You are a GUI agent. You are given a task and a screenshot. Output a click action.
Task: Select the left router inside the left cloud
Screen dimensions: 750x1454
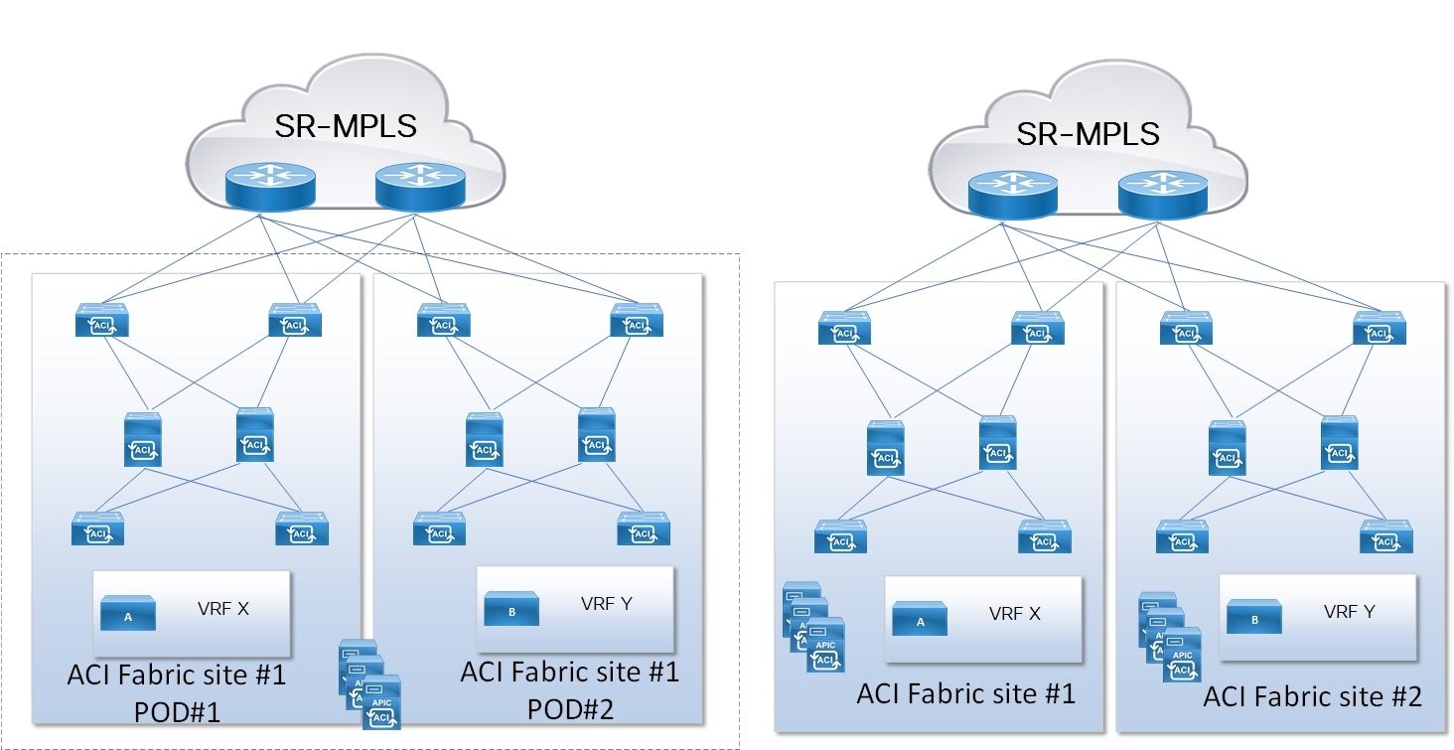tap(269, 187)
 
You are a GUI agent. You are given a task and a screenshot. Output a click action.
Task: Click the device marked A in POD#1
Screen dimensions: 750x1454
tap(128, 614)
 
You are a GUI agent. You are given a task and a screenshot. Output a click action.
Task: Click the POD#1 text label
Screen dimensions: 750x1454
tap(178, 712)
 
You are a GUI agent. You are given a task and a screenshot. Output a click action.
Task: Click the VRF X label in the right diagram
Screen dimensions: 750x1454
tap(1014, 613)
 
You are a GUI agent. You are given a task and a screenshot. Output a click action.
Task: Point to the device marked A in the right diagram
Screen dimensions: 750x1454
tap(920, 619)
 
